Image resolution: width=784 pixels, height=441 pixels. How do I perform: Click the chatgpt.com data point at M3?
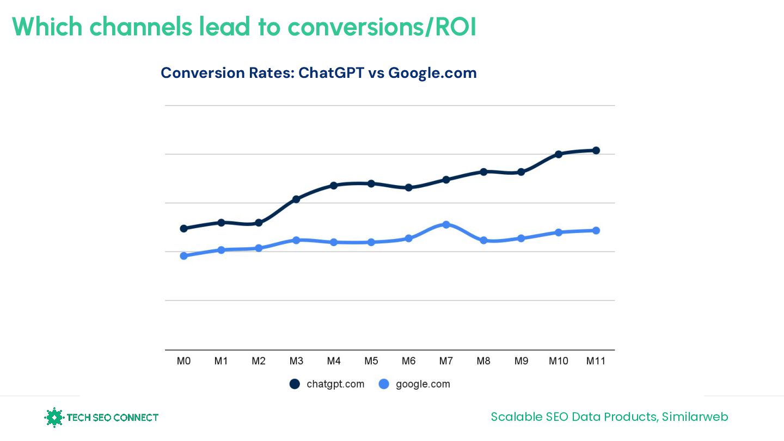(x=296, y=199)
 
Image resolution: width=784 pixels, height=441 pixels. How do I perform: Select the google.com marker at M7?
(x=446, y=224)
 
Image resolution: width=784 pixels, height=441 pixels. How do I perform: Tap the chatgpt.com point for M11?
(x=596, y=150)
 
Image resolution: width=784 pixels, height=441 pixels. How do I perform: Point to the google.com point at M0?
(x=183, y=256)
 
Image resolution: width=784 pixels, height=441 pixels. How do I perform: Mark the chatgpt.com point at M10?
(x=559, y=154)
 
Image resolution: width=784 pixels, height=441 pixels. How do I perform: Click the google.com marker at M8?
(x=483, y=240)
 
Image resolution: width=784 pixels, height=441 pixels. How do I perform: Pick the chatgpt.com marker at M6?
(x=408, y=187)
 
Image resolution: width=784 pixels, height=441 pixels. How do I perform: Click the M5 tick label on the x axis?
(x=371, y=361)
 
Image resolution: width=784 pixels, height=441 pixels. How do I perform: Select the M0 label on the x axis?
(x=183, y=361)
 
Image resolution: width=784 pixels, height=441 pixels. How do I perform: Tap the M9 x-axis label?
(x=521, y=361)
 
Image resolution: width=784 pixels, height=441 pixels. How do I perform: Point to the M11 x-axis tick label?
(x=596, y=361)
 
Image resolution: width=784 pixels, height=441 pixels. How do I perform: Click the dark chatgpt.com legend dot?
(x=295, y=384)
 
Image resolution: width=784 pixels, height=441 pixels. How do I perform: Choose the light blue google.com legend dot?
(x=384, y=384)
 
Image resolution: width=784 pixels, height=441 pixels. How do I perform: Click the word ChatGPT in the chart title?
(x=331, y=73)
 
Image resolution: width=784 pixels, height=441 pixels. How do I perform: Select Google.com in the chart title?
(x=432, y=73)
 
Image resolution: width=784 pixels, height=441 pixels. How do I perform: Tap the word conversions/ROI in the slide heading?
(x=382, y=27)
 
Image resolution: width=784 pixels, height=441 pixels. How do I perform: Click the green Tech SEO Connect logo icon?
(x=54, y=418)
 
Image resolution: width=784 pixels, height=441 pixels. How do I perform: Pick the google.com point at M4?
(x=334, y=242)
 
